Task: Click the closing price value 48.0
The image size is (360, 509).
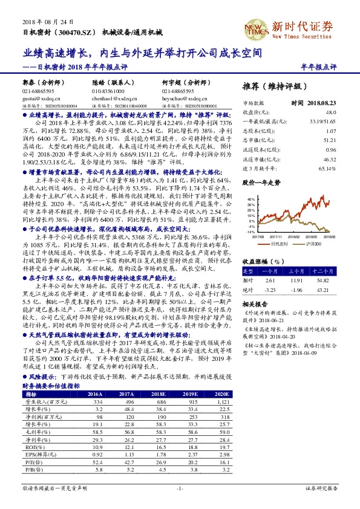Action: [331, 112]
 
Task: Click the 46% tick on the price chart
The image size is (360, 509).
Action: [249, 198]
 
